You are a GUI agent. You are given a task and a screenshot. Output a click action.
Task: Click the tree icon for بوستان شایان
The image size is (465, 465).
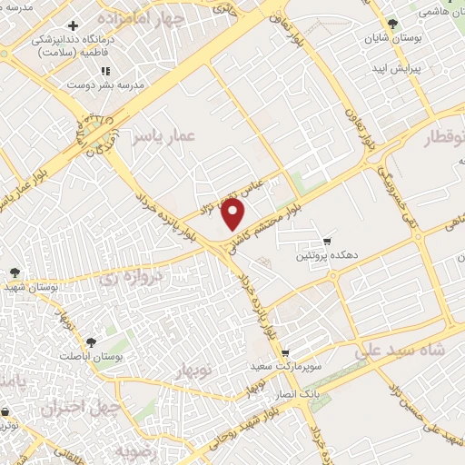click(391, 24)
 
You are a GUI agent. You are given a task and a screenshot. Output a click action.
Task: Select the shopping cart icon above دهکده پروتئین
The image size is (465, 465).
click(327, 241)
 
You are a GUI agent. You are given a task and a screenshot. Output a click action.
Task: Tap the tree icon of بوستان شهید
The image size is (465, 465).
click(15, 272)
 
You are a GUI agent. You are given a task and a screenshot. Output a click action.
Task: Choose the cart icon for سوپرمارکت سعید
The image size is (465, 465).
click(285, 353)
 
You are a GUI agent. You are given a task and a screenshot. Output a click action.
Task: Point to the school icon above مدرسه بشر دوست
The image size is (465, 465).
click(104, 71)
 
